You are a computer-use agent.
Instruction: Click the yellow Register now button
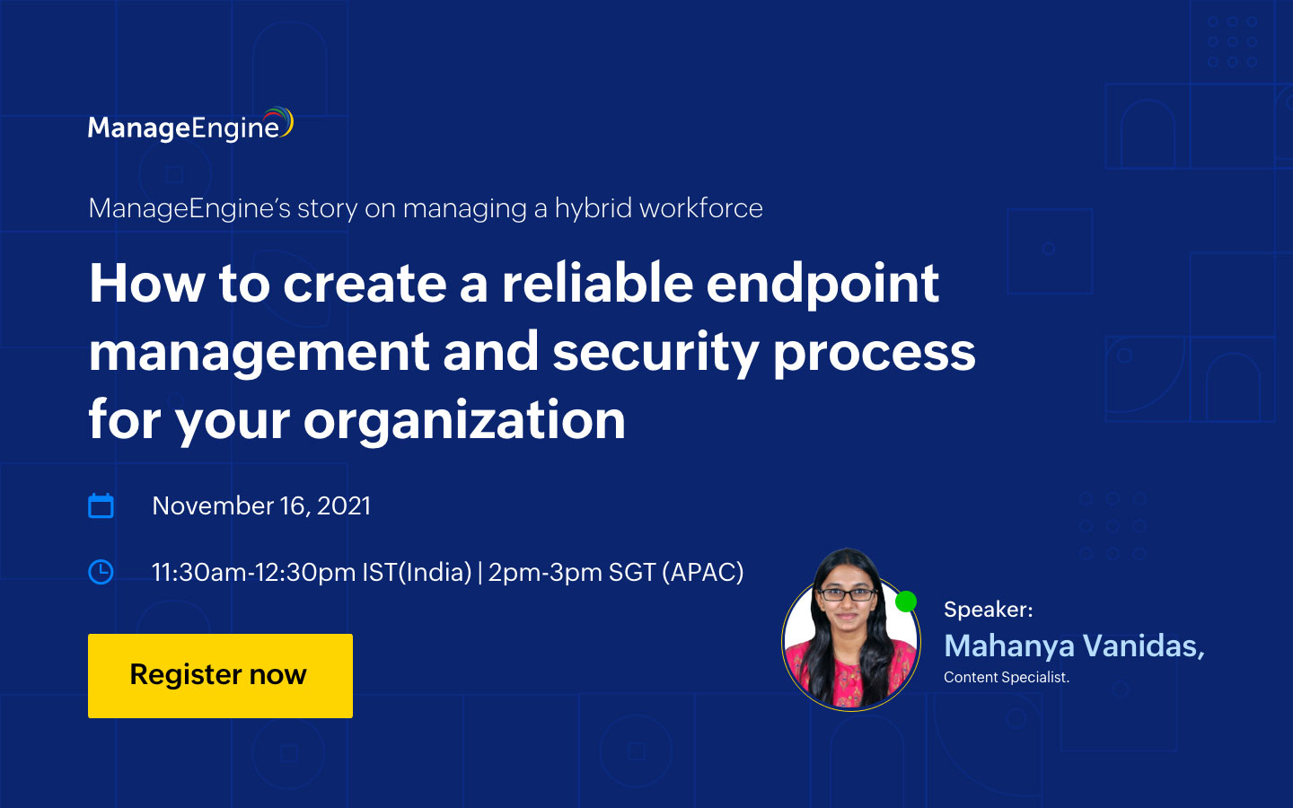click(220, 675)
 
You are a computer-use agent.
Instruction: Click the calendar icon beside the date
click(101, 506)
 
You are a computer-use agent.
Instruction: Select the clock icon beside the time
click(101, 572)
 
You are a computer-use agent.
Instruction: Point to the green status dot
click(906, 602)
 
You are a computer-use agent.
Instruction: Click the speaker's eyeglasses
click(847, 593)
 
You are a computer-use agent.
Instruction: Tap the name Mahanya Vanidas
click(1074, 646)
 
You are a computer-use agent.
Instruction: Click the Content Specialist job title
click(1006, 677)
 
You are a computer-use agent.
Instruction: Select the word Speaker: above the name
click(988, 610)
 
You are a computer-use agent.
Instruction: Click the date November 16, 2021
click(261, 505)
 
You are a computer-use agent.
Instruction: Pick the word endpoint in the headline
click(822, 284)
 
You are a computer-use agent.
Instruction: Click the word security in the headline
click(655, 352)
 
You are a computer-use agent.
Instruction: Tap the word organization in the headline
click(464, 420)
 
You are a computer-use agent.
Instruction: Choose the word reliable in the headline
click(597, 284)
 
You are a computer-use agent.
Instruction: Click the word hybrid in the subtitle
click(594, 208)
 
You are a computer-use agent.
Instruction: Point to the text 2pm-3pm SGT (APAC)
click(616, 572)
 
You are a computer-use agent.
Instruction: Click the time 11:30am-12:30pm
click(253, 572)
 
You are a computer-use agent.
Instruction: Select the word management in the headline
click(259, 352)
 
